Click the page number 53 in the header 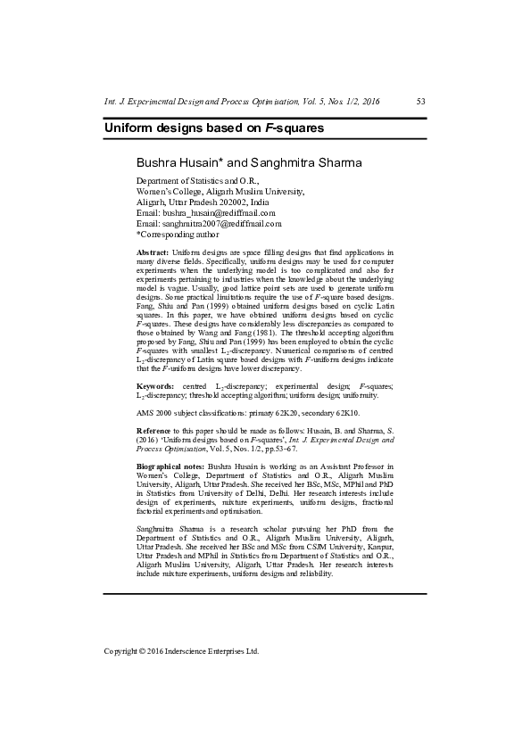pyautogui.click(x=421, y=102)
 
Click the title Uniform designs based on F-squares pyautogui.click(x=213, y=128)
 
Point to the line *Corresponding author pyautogui.click(x=177, y=235)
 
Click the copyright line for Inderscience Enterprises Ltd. pyautogui.click(x=181, y=651)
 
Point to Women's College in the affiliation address pyautogui.click(x=174, y=191)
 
